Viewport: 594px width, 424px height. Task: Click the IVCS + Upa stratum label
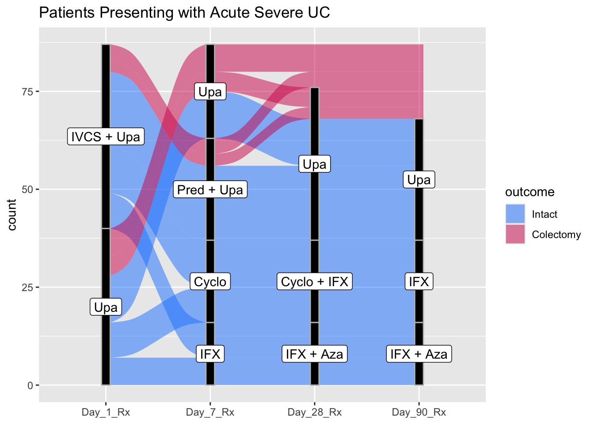click(x=106, y=136)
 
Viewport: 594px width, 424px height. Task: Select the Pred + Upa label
click(x=210, y=189)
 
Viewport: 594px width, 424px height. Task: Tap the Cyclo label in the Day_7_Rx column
click(x=210, y=281)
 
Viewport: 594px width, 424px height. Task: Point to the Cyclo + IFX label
click(x=314, y=281)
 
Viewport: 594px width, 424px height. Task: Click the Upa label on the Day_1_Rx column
click(x=106, y=307)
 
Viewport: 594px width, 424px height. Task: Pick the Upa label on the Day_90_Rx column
click(x=419, y=180)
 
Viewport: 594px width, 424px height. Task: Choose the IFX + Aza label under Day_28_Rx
click(x=314, y=354)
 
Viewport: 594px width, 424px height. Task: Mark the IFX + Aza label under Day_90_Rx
click(x=419, y=354)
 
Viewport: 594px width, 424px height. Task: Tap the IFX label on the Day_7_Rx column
click(x=210, y=354)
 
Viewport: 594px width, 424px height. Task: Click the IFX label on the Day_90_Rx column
click(x=419, y=281)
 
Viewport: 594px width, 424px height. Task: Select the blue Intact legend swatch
click(x=515, y=214)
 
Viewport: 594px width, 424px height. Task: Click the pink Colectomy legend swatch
click(x=515, y=234)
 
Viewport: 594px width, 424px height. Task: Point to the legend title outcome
click(x=529, y=192)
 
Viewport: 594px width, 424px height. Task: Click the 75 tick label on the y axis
click(x=28, y=91)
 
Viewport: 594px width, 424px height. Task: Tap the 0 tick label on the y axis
click(x=30, y=385)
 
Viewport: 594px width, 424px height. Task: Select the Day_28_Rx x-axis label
click(x=314, y=413)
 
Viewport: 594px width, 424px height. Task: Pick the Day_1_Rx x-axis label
click(x=106, y=413)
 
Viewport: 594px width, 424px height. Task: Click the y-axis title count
click(x=12, y=215)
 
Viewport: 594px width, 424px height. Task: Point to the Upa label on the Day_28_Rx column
click(x=314, y=164)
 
